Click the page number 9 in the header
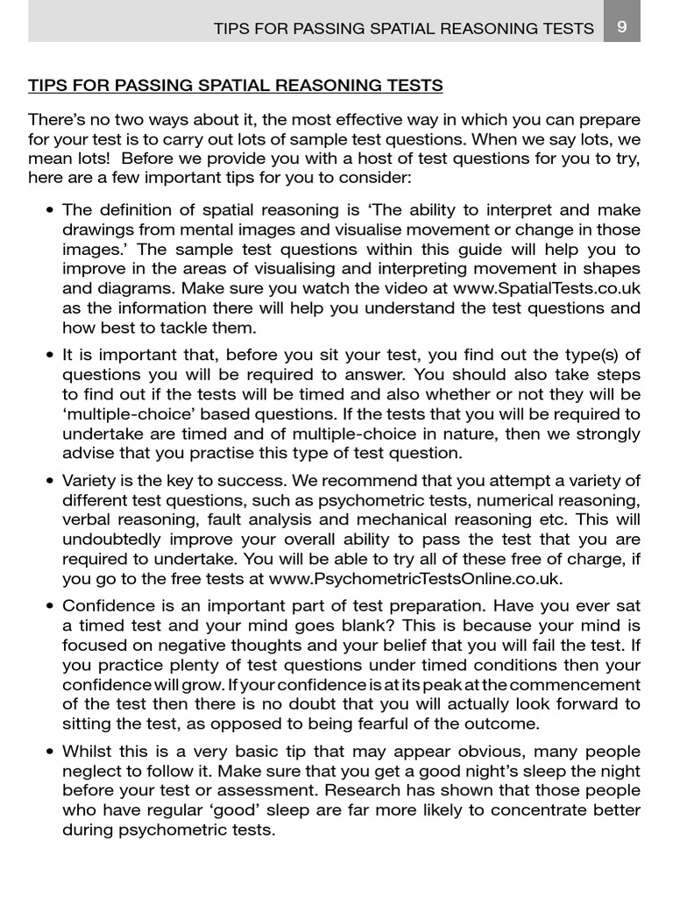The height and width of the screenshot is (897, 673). click(621, 26)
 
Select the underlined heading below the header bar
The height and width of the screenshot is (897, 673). click(236, 86)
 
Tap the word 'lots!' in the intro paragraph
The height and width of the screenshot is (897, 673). click(87, 157)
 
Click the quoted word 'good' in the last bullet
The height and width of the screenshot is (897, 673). click(246, 809)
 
